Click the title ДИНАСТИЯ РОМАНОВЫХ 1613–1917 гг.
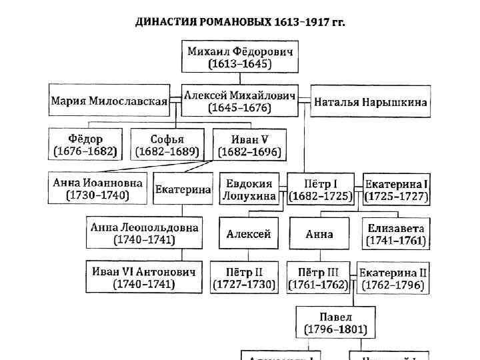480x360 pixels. [240, 22]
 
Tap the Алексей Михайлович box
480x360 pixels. [240, 101]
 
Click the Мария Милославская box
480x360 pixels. [109, 101]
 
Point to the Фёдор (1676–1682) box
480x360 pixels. [85, 145]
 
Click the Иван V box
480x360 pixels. [249, 145]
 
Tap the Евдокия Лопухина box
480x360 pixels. [249, 189]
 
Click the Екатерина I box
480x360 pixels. [397, 189]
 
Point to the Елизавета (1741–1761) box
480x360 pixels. [396, 234]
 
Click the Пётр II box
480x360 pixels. [244, 278]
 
